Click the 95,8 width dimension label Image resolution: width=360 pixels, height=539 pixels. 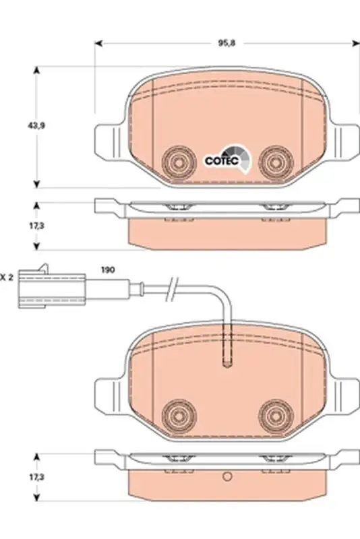pyautogui.click(x=227, y=43)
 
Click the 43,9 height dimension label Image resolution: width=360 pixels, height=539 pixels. pyautogui.click(x=36, y=126)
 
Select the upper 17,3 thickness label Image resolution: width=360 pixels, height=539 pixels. pyautogui.click(x=36, y=226)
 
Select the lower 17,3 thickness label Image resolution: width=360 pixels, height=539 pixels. pyautogui.click(x=36, y=477)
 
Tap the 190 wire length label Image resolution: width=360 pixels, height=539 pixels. pyautogui.click(x=108, y=270)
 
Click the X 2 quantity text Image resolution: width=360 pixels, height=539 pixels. pyautogui.click(x=7, y=277)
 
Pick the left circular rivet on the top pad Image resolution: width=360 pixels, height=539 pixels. pyautogui.click(x=179, y=162)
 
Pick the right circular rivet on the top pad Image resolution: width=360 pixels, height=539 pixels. pyautogui.click(x=276, y=162)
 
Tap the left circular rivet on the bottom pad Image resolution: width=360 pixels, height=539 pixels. pyautogui.click(x=179, y=416)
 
